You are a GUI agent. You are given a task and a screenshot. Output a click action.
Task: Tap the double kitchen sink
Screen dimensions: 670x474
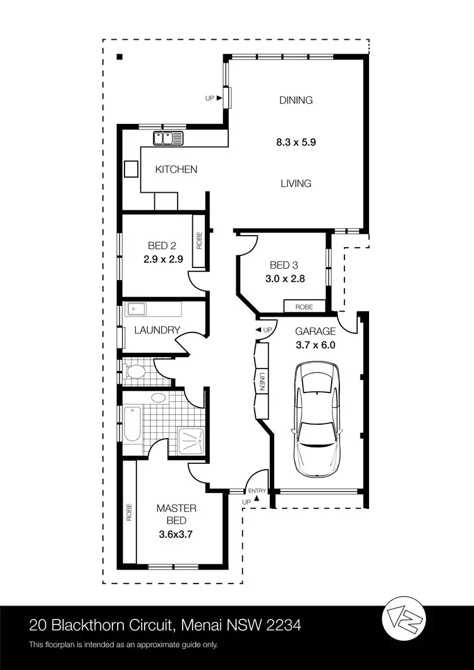coord(167,138)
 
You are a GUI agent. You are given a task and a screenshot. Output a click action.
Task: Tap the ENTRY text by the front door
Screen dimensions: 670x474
coord(257,491)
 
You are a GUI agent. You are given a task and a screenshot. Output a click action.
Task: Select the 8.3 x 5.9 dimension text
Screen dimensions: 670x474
coord(296,142)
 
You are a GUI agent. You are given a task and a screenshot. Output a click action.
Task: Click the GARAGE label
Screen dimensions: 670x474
coord(315,331)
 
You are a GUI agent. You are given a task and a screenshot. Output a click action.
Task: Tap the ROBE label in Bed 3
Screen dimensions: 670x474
coord(305,307)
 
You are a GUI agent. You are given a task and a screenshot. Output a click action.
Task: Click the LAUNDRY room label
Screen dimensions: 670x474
coord(158,330)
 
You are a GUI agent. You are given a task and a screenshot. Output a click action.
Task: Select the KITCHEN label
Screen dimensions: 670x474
coord(176,169)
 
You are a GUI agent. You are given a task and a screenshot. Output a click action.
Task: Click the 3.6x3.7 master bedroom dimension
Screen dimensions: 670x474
coord(176,534)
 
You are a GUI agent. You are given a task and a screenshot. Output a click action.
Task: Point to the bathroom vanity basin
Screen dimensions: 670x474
coord(159,398)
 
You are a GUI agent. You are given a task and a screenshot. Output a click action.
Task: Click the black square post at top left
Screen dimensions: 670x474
coord(119,58)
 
